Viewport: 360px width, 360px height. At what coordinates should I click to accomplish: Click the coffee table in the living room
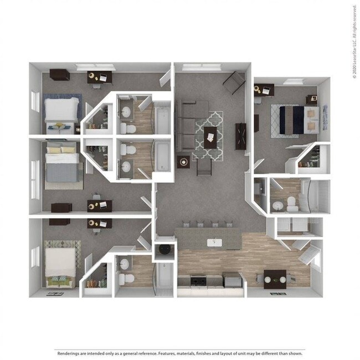pos(210,136)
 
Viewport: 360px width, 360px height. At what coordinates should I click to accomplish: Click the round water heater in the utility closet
pos(165,250)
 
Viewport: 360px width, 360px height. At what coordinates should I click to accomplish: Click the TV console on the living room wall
pos(241,136)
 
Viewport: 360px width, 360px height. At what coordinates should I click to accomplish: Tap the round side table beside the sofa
pos(183,161)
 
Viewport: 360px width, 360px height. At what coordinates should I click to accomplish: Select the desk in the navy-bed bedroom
pos(264,89)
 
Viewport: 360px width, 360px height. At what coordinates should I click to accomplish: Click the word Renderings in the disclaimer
pos(68,352)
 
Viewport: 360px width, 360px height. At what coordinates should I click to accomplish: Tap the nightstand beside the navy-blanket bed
pos(311,100)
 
